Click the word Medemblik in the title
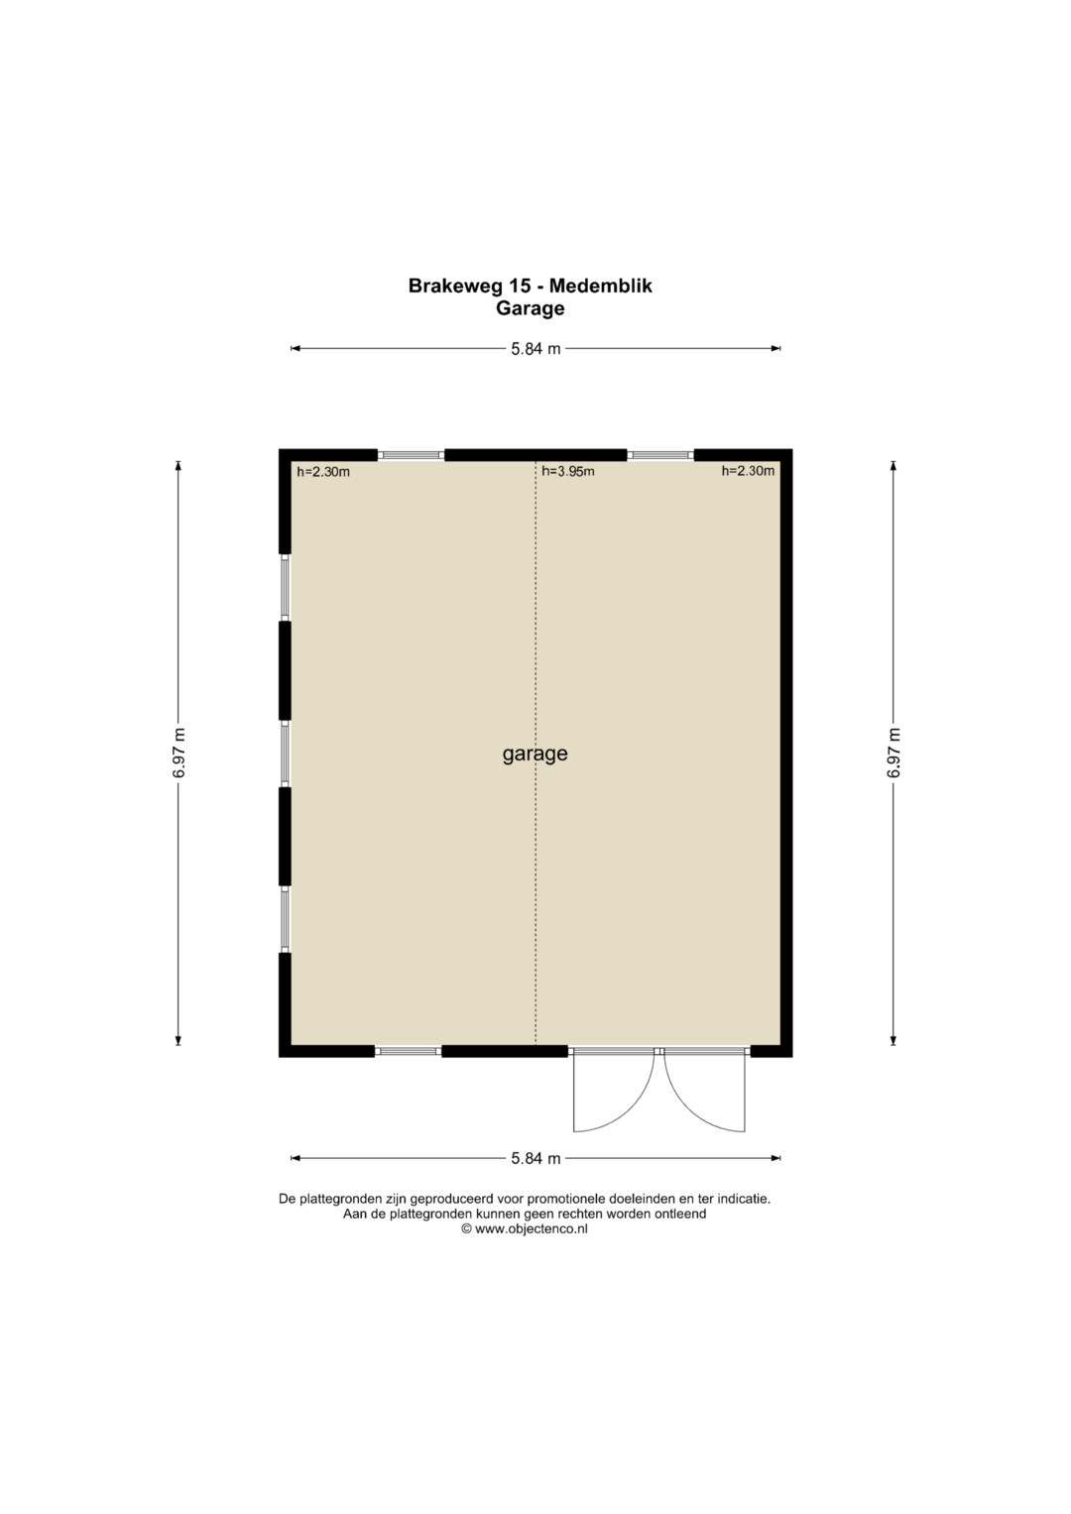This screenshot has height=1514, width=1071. (600, 286)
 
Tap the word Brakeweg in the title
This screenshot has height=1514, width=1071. (456, 286)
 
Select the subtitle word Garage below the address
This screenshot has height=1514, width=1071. (531, 308)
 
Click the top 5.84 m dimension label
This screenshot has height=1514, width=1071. (535, 349)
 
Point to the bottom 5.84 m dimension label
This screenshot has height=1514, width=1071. (535, 1158)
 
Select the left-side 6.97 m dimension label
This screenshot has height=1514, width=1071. (178, 753)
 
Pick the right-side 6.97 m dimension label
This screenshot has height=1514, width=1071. (893, 753)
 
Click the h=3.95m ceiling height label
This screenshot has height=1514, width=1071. (568, 471)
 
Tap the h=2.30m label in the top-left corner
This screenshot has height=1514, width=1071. (323, 472)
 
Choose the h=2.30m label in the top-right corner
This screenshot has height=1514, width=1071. (748, 471)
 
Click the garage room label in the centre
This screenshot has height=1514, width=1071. (535, 754)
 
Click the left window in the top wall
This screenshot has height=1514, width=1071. (412, 455)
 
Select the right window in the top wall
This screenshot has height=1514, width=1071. (660, 455)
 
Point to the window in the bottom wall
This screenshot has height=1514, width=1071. (409, 1051)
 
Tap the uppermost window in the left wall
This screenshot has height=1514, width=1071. (286, 587)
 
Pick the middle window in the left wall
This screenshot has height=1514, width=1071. (286, 754)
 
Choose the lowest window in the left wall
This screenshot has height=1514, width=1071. (286, 919)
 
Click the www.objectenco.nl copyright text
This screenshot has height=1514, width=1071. (525, 1228)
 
